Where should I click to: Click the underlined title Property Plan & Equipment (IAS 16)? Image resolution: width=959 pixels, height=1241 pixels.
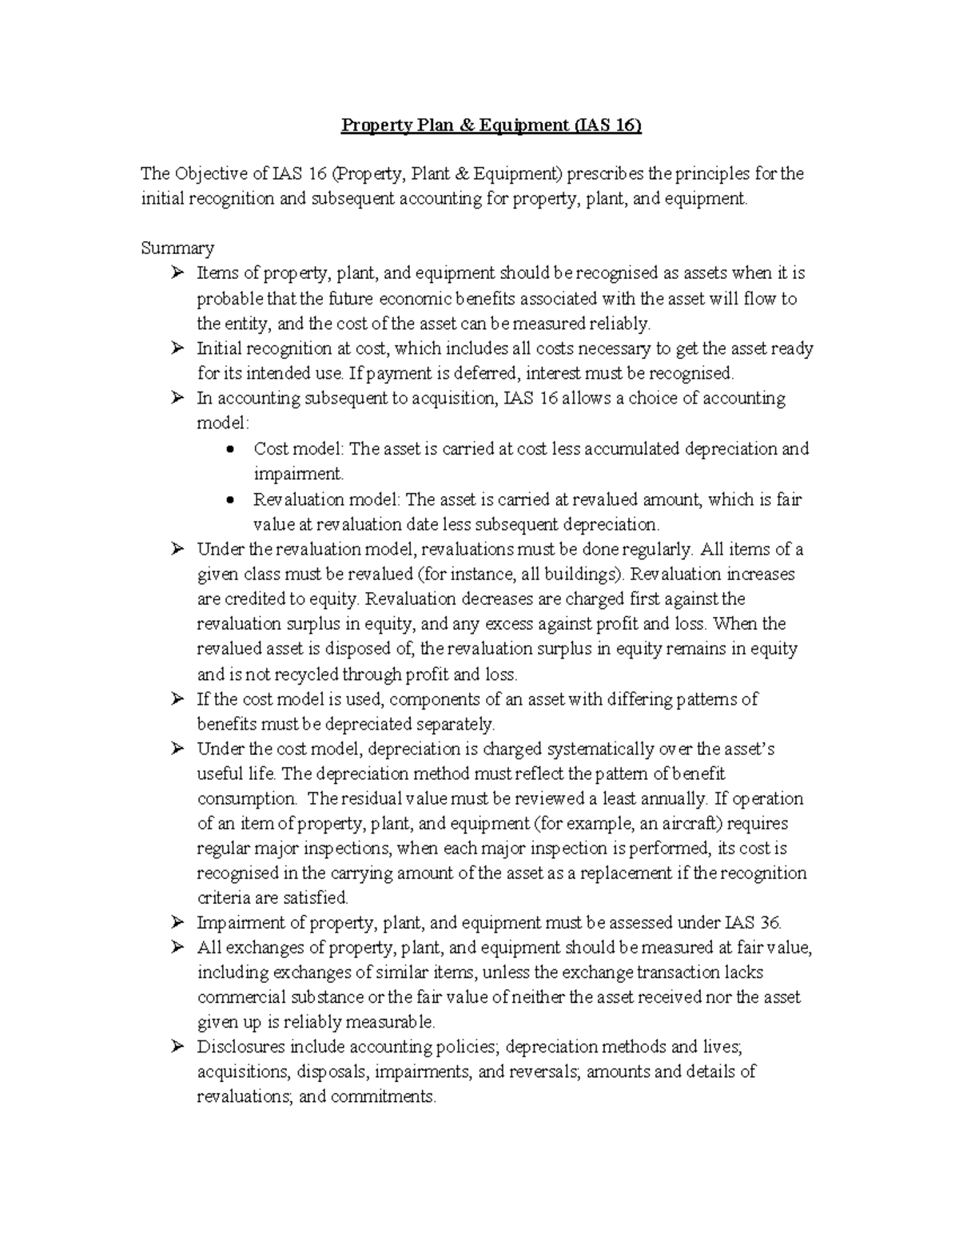(491, 125)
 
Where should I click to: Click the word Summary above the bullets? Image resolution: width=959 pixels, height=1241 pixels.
(177, 248)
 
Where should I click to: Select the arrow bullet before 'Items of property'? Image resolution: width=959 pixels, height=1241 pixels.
(177, 274)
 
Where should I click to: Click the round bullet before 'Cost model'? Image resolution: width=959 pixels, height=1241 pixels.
(231, 449)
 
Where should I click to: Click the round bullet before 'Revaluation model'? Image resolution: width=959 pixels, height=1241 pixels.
(231, 500)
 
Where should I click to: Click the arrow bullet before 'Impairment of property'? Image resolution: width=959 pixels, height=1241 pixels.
(177, 924)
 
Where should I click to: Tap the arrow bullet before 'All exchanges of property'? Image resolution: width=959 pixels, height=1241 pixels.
(177, 949)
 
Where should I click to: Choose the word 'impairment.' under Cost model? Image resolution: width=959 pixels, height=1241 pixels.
(298, 474)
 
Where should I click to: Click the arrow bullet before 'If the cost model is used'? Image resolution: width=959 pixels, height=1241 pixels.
(177, 700)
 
